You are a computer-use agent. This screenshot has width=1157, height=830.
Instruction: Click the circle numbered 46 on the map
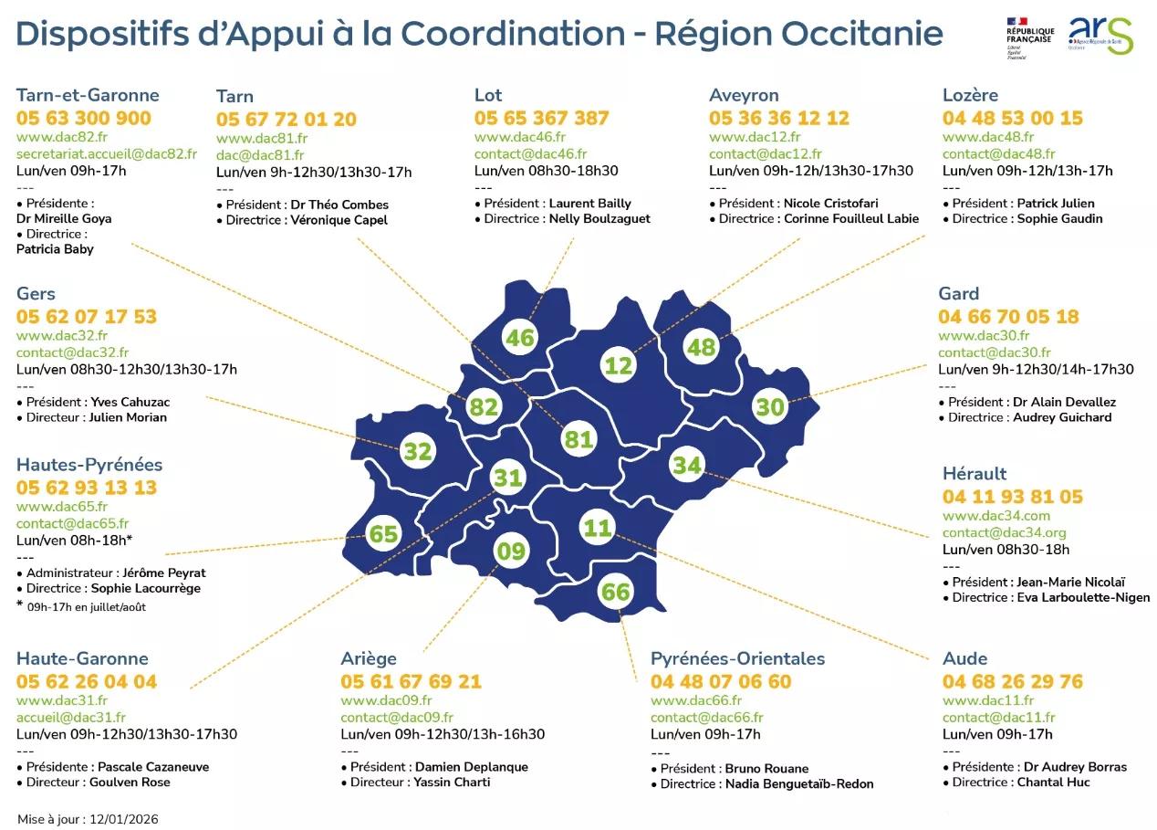[519, 338]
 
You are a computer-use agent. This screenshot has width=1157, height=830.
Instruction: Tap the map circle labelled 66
[616, 592]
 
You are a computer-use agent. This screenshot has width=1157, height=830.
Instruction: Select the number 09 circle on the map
[511, 551]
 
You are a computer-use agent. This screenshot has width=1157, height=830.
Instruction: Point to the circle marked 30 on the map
[771, 406]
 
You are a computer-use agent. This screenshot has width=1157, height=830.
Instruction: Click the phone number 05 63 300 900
[84, 118]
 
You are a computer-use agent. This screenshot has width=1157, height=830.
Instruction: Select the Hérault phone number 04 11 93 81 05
[1013, 497]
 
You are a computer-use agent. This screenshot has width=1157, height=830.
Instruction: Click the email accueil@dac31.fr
[71, 718]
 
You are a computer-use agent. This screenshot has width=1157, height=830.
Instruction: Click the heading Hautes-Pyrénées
[89, 464]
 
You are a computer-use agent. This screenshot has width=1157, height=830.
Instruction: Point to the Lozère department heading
[970, 95]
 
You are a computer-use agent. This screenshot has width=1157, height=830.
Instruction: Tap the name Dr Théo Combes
[339, 205]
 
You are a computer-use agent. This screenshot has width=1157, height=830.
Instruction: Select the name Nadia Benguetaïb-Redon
[799, 783]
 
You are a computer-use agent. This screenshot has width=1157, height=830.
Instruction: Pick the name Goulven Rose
[130, 782]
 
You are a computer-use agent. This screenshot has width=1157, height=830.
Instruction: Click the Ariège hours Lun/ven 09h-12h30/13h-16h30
[443, 734]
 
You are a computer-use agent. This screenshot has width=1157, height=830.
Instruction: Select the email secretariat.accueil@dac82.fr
[107, 153]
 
